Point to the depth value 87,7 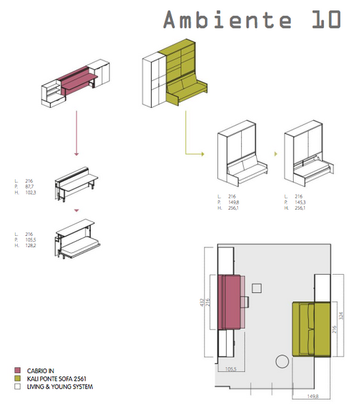point(29,187)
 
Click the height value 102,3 point(30,193)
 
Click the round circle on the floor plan point(280,361)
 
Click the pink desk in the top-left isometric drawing point(77,83)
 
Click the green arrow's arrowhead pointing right point(202,154)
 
